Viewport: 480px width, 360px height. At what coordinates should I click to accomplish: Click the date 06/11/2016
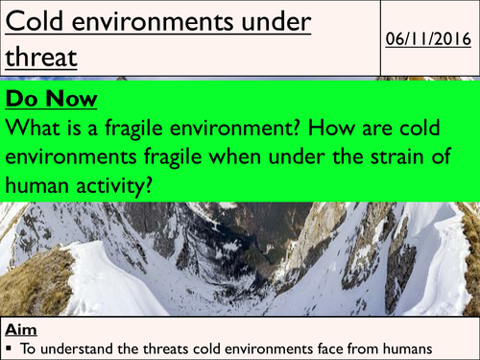tap(428, 37)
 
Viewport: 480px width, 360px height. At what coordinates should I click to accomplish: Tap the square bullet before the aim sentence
tap(8, 347)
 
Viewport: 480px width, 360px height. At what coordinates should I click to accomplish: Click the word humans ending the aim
tap(403, 346)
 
